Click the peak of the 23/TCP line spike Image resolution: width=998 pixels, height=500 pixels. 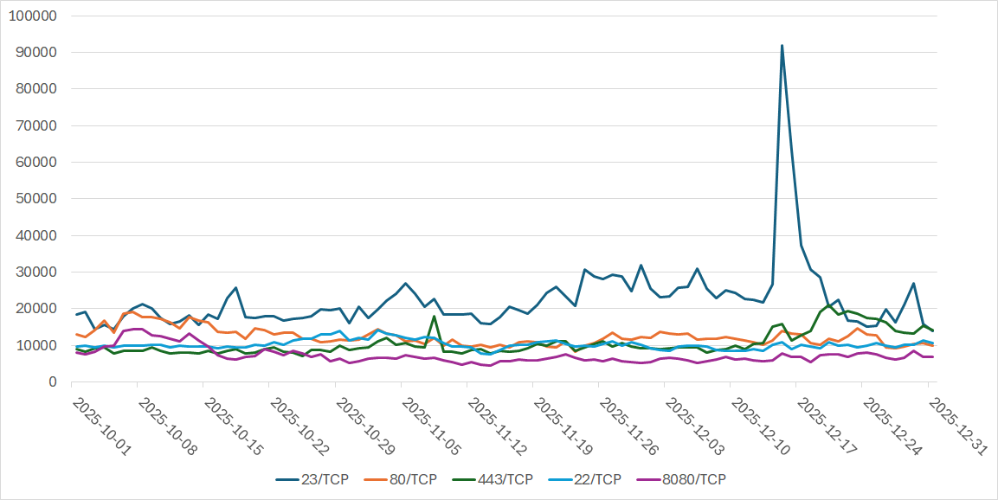pos(782,46)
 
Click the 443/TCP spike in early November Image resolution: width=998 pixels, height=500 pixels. pos(435,317)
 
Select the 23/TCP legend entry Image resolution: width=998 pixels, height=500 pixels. pos(312,479)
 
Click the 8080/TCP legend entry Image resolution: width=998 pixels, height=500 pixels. pos(692,479)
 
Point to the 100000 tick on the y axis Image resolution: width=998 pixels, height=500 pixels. pos(33,16)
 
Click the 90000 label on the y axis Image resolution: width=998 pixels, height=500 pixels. pos(36,53)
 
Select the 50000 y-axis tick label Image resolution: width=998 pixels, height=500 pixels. pos(36,199)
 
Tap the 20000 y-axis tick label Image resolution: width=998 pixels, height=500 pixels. pos(36,309)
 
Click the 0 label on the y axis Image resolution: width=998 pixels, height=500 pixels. pos(53,381)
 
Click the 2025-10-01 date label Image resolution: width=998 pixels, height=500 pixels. pos(101,426)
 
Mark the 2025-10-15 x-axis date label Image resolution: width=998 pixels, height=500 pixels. pos(233,426)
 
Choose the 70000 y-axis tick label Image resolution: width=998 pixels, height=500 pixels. pos(36,125)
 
